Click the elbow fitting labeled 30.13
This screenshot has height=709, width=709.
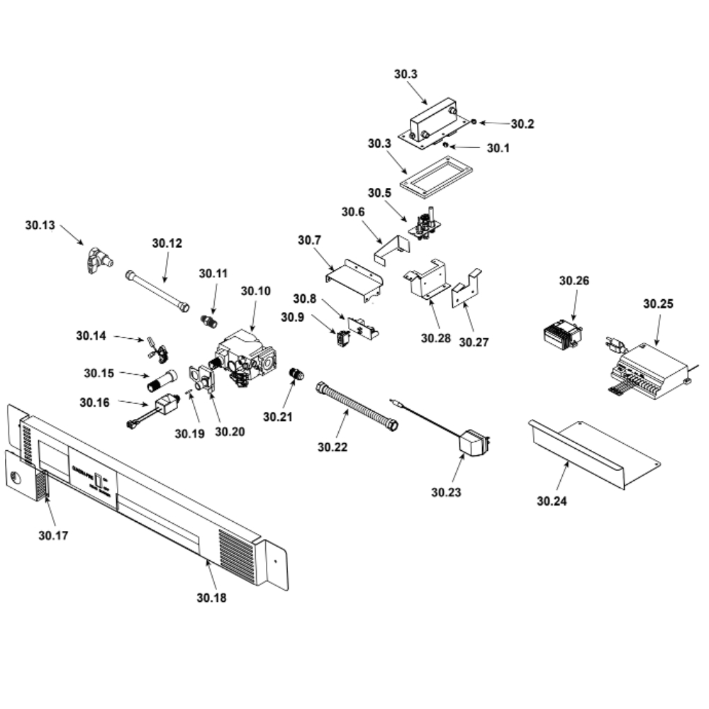pos(95,259)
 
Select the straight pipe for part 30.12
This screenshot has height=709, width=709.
pos(157,291)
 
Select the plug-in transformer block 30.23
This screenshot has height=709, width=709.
pos(474,445)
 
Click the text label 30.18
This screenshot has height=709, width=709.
pos(211,598)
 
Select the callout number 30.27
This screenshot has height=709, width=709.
pos(474,342)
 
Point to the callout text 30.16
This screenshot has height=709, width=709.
pos(94,403)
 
